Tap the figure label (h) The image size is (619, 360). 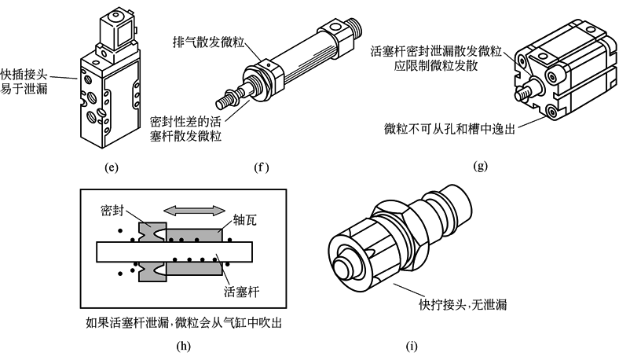(186, 343)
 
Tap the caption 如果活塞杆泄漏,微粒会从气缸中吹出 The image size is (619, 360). (185, 322)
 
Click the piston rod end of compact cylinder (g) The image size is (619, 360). (520, 94)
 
